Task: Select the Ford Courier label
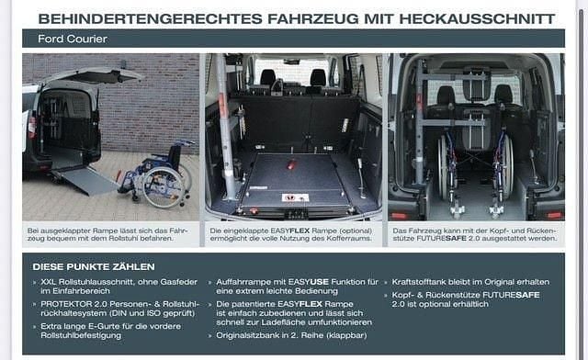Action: pyautogui.click(x=73, y=39)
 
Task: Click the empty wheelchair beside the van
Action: pyautogui.click(x=157, y=177)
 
